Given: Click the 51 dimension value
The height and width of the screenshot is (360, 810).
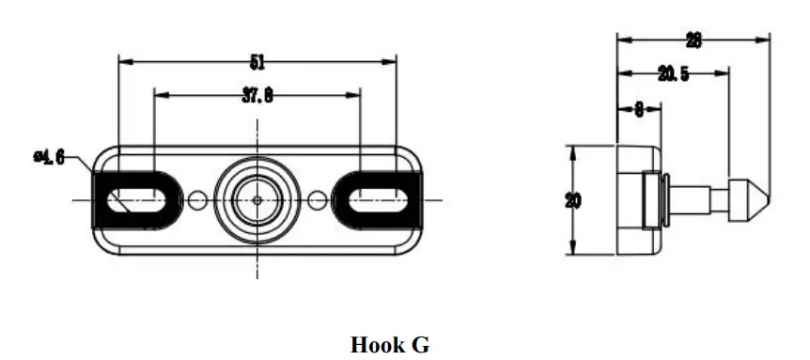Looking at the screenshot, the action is coord(257,62).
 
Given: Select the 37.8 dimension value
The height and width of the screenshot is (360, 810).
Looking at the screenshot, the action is coord(257,96).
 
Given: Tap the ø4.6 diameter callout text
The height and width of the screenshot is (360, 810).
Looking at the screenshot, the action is coord(49,157).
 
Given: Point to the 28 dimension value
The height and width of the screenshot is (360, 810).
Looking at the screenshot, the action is coord(693,40).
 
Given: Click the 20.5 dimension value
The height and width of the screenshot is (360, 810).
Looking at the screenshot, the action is coord(673,74).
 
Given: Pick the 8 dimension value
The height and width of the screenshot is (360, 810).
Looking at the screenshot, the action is coord(639,109).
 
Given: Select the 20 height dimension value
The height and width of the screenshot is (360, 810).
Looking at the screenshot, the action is coord(573,200).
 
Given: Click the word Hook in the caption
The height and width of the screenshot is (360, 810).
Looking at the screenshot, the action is coord(376,345).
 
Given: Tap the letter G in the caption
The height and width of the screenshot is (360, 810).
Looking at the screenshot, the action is coord(420,345).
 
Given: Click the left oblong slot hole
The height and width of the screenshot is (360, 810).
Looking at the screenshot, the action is coord(136,200).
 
